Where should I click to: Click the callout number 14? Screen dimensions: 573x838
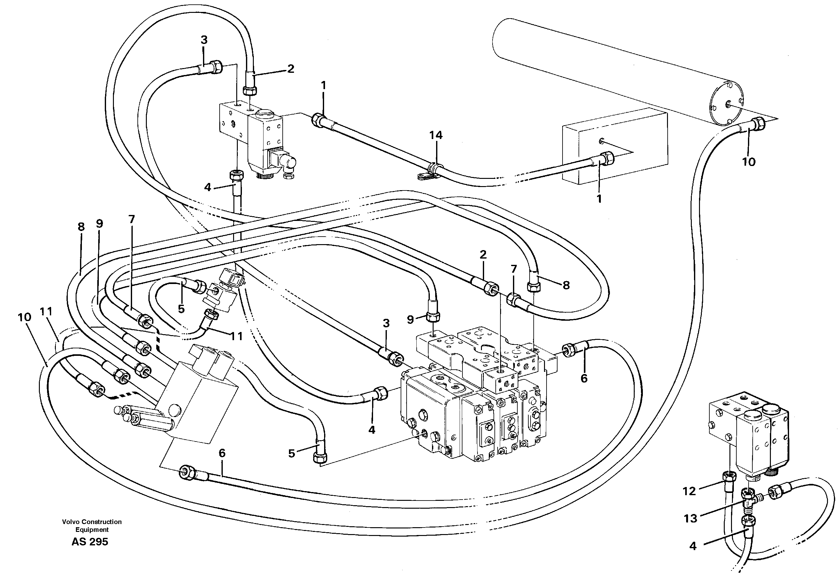pos(435,135)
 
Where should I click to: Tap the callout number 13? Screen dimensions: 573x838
pos(690,518)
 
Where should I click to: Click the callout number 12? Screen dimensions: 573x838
pos(689,491)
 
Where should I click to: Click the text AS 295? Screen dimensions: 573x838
pos(90,542)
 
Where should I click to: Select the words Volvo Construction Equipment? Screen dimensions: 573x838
pos(92,525)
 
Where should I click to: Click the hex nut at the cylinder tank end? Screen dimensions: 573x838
pos(759,124)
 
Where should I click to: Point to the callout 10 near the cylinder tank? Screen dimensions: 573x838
pos(749,162)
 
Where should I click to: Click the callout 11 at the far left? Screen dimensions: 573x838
pos(46,311)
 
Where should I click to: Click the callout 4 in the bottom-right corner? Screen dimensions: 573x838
pos(693,546)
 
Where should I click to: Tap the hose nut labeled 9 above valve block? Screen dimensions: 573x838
pos(433,316)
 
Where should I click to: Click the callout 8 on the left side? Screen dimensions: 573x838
pos(81,227)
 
